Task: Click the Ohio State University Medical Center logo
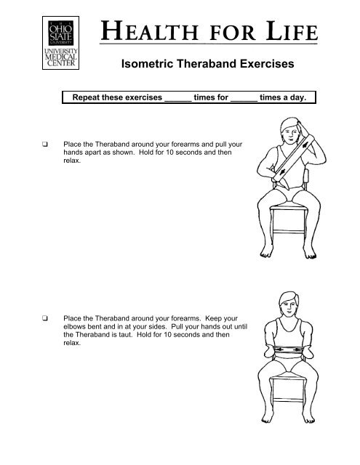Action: (x=60, y=43)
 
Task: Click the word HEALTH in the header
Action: (x=150, y=31)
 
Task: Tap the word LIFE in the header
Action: (x=292, y=31)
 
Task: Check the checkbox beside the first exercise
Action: (x=45, y=145)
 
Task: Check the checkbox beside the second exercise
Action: (x=45, y=318)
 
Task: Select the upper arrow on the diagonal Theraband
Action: (x=305, y=145)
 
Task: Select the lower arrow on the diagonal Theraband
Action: (x=282, y=172)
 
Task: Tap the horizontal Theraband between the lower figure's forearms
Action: (x=288, y=350)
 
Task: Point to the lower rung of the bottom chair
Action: (x=288, y=400)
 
